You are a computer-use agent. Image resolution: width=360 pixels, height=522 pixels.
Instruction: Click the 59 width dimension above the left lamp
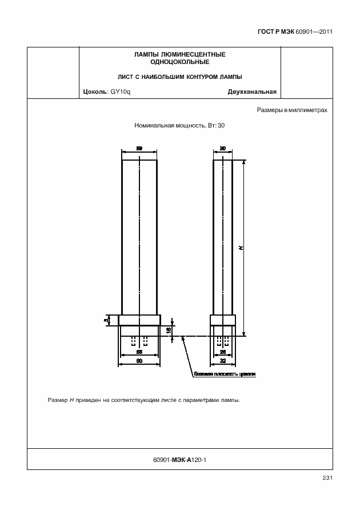click(x=139, y=149)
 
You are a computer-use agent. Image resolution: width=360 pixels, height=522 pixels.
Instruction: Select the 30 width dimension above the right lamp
click(x=223, y=149)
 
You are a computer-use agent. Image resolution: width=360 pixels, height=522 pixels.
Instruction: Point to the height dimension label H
click(x=241, y=248)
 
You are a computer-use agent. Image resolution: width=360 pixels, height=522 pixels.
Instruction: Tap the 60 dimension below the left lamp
click(x=139, y=361)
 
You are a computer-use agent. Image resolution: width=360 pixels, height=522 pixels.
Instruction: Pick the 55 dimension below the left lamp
click(x=139, y=353)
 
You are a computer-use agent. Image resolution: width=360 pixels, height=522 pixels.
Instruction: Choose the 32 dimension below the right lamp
click(x=223, y=361)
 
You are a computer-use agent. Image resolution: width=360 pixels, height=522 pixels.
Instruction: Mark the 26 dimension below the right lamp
click(x=223, y=353)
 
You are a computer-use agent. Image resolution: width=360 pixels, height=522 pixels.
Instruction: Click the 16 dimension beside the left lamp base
click(x=169, y=330)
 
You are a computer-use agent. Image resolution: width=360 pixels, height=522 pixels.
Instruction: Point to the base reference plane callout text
click(x=225, y=374)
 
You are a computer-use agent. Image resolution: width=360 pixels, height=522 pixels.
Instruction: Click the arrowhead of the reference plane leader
click(x=183, y=338)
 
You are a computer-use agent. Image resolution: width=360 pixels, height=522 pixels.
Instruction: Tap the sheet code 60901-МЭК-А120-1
click(x=179, y=459)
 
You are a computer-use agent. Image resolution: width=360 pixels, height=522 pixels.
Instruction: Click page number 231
click(x=327, y=478)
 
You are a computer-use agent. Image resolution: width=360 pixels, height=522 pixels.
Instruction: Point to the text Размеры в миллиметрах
click(x=292, y=110)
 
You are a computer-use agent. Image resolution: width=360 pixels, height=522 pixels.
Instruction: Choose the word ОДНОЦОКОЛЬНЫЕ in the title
click(x=179, y=61)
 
